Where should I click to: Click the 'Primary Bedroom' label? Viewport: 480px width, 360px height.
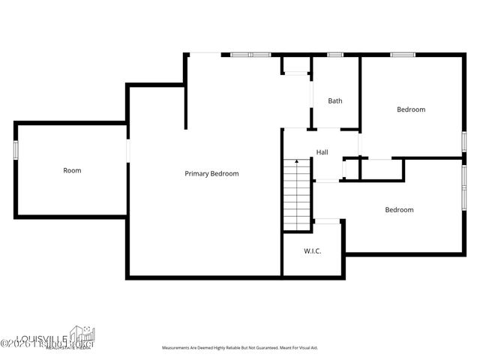pyautogui.click(x=211, y=173)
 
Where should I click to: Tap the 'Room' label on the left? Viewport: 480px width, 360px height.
pyautogui.click(x=72, y=170)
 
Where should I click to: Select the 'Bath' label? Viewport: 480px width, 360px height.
pyautogui.click(x=335, y=100)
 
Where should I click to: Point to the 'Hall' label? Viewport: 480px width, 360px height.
pyautogui.click(x=322, y=152)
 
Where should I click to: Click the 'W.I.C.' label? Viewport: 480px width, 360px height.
pyautogui.click(x=312, y=250)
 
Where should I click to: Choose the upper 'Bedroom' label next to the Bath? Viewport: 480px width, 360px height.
pyautogui.click(x=410, y=109)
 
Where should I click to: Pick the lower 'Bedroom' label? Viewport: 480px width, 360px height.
pyautogui.click(x=399, y=210)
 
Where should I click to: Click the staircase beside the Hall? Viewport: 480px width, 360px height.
pyautogui.click(x=298, y=196)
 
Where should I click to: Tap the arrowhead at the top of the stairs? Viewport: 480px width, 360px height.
pyautogui.click(x=297, y=162)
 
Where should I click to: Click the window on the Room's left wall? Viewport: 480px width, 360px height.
pyautogui.click(x=15, y=150)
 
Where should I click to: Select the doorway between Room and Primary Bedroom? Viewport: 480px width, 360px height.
pyautogui.click(x=127, y=152)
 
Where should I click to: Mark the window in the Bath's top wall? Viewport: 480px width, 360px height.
pyautogui.click(x=335, y=54)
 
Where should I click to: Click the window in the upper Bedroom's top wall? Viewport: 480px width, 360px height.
pyautogui.click(x=402, y=54)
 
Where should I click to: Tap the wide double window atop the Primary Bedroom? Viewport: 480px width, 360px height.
pyautogui.click(x=250, y=54)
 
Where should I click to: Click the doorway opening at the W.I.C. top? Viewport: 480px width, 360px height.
pyautogui.click(x=327, y=220)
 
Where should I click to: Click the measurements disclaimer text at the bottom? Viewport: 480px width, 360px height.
pyautogui.click(x=240, y=348)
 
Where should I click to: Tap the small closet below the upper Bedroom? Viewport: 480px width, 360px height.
pyautogui.click(x=381, y=169)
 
